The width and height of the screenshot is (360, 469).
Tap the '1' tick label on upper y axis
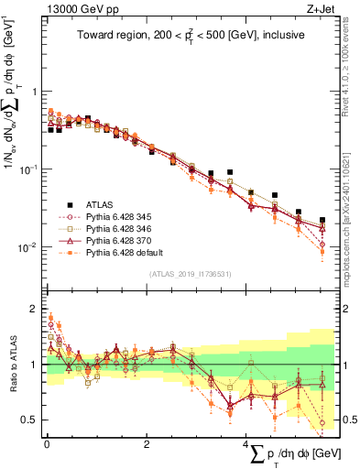(x=35, y=92)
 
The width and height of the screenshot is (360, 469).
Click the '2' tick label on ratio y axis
(x=35, y=307)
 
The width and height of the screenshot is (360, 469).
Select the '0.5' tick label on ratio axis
(x=30, y=420)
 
